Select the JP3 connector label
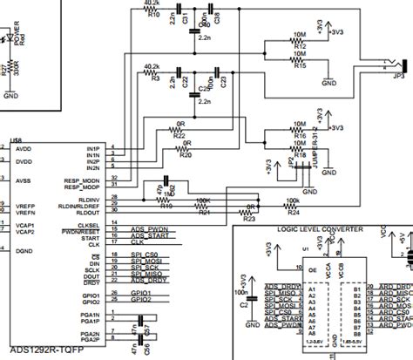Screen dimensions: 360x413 399,75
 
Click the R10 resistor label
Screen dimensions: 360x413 154,16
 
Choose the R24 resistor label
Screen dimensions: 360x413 293,211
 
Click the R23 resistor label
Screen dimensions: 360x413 248,220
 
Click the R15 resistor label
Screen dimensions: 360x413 301,65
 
